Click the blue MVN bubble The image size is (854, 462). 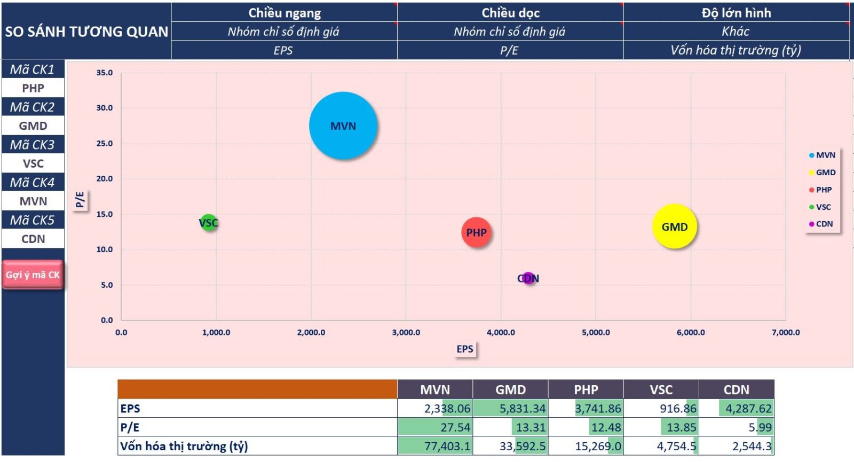click(x=343, y=126)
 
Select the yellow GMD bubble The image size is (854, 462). click(x=675, y=226)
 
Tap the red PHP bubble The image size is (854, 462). click(x=476, y=232)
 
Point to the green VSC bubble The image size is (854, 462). click(x=209, y=222)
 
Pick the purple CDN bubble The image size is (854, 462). click(x=528, y=278)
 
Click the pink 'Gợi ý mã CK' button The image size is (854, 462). click(x=33, y=275)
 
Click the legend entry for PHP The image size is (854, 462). click(x=820, y=190)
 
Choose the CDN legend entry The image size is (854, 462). click(x=821, y=224)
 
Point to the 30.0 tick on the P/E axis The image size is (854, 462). click(x=105, y=108)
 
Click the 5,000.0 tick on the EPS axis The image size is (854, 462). click(x=596, y=332)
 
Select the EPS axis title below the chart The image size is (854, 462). click(x=465, y=349)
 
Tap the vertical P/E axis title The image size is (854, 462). click(x=80, y=200)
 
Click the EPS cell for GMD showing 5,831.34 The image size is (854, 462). click(x=510, y=408)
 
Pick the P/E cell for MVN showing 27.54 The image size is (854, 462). click(x=435, y=427)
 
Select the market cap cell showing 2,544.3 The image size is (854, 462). click(x=737, y=446)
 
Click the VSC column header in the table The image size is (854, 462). click(x=661, y=389)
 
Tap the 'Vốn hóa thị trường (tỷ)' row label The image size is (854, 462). click(x=184, y=446)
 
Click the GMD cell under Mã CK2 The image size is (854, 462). click(x=33, y=126)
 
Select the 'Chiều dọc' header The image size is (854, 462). click(x=510, y=13)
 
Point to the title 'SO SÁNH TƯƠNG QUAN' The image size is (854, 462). click(x=86, y=32)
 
